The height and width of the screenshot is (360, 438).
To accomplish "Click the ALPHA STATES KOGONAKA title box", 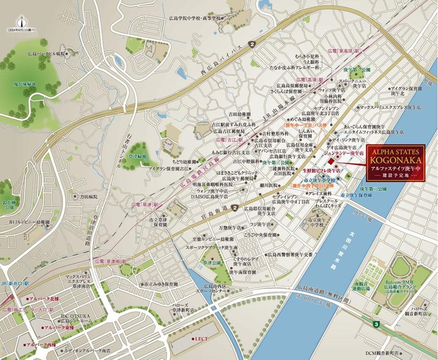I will tap(395, 164).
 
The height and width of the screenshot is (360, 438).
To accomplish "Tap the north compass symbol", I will tap(21, 20).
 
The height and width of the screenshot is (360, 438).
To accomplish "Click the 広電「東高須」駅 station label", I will tap(343, 50).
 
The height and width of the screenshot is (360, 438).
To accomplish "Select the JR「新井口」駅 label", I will tap(14, 282).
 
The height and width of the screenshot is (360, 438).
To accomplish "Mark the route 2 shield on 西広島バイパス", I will tap(252, 44).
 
